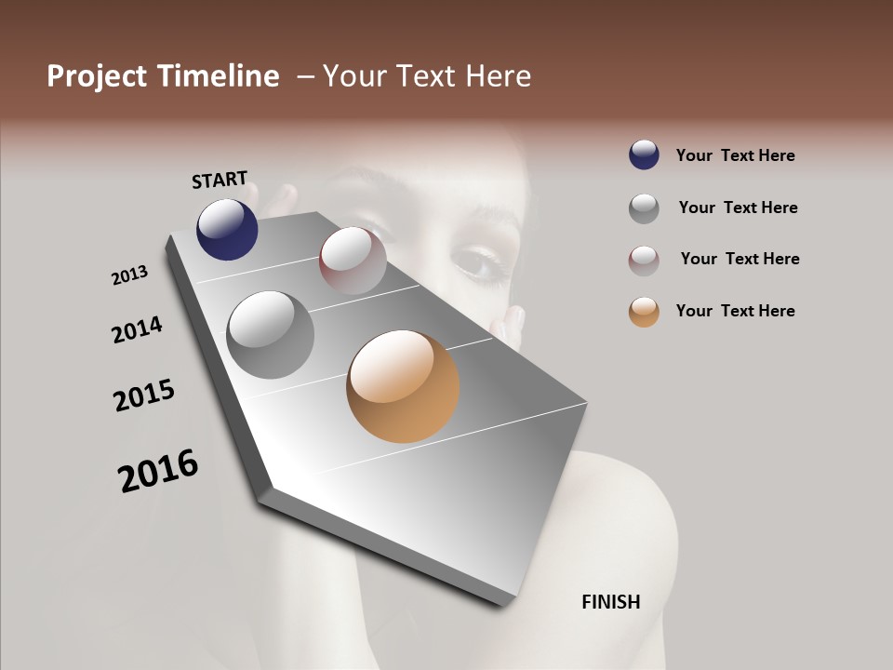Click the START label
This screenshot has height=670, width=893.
[x=220, y=179]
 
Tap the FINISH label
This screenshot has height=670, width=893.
[x=610, y=602]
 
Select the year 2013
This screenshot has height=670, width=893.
[x=129, y=275]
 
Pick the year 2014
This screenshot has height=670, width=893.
[x=137, y=329]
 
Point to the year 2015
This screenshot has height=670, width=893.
[x=144, y=395]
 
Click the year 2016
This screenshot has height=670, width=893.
[x=158, y=471]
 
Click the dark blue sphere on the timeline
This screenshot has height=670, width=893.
[x=227, y=229]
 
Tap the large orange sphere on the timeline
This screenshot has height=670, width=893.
[x=403, y=386]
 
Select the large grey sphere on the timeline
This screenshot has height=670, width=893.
[x=270, y=335]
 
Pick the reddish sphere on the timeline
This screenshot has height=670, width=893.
[x=353, y=261]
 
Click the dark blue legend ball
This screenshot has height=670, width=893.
[x=644, y=155]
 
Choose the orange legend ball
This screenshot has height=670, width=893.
[x=644, y=312]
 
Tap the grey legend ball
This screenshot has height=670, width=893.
[x=644, y=208]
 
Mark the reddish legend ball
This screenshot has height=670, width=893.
[x=644, y=261]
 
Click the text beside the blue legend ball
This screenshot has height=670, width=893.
[x=735, y=155]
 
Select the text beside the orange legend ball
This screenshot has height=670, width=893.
[x=735, y=311]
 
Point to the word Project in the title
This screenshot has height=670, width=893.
[x=96, y=76]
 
